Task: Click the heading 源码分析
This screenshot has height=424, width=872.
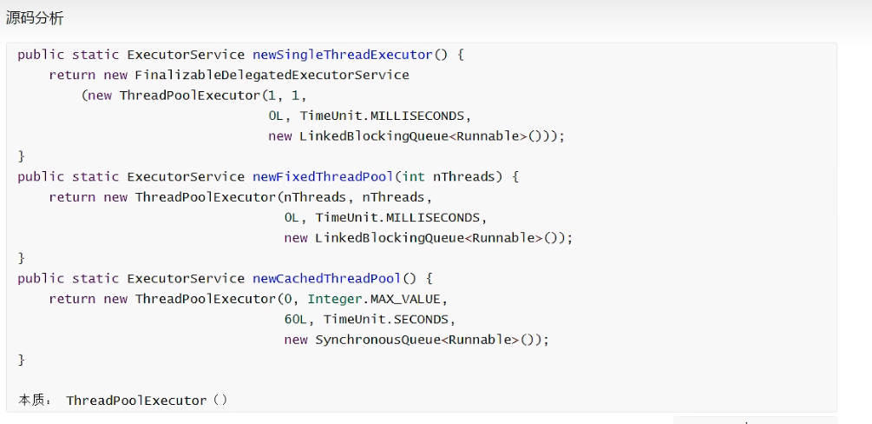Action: click(x=35, y=18)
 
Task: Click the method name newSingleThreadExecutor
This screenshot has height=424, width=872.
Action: click(x=342, y=55)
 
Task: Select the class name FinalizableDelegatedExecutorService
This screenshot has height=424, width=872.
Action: click(x=272, y=75)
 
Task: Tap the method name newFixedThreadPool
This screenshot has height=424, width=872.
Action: click(x=323, y=176)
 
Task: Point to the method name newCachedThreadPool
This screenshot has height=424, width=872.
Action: click(x=326, y=278)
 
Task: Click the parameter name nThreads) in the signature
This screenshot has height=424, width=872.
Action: click(x=468, y=176)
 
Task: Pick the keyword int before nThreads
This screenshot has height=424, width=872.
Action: click(x=413, y=176)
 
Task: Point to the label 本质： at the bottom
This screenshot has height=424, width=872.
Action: click(x=36, y=401)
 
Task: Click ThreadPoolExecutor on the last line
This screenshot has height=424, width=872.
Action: click(x=137, y=401)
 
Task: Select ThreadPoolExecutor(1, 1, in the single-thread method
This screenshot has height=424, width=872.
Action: click(x=213, y=96)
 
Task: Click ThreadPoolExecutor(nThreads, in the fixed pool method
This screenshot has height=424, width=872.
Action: click(x=245, y=197)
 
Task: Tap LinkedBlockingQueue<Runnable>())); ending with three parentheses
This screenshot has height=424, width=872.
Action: click(x=432, y=136)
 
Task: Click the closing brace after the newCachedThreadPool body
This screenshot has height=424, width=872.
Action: click(x=22, y=360)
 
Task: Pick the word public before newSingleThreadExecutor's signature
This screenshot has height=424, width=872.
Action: click(x=41, y=55)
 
